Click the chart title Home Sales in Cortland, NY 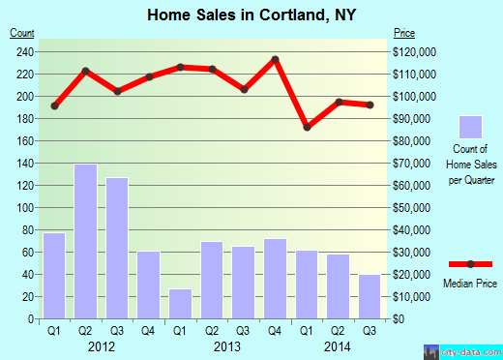251,15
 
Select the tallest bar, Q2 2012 86,241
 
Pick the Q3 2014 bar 370,296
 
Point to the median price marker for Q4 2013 275,60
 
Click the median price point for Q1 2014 307,127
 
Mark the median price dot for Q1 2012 54,105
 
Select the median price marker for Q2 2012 86,71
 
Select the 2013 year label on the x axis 227,345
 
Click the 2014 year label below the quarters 339,345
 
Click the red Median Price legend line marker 470,264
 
